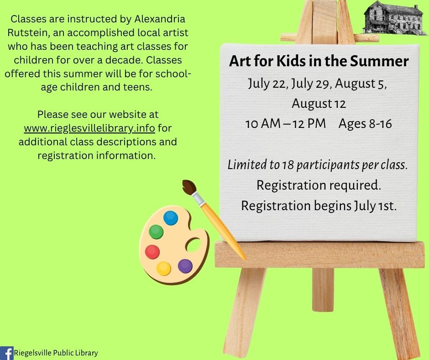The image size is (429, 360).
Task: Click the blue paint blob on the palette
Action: pyautogui.click(x=171, y=218)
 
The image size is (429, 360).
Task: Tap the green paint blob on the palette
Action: pyautogui.click(x=156, y=232)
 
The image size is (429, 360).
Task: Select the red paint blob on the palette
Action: pyautogui.click(x=152, y=252)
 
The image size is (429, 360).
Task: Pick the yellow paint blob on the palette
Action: pyautogui.click(x=163, y=269)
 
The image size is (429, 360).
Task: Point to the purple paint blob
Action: pyautogui.click(x=185, y=266)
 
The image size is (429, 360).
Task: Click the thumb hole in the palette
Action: pyautogui.click(x=194, y=245)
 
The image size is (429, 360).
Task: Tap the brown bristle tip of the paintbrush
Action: pyautogui.click(x=189, y=187)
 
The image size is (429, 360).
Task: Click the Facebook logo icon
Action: pyautogui.click(x=6, y=353)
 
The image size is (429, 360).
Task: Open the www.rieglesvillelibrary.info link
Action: pyautogui.click(x=89, y=128)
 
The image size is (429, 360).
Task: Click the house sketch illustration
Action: pyautogui.click(x=395, y=18)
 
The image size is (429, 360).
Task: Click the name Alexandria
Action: pyautogui.click(x=160, y=19)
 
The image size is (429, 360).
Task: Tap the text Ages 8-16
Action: pyautogui.click(x=365, y=123)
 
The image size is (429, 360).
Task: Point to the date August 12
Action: pyautogui.click(x=319, y=104)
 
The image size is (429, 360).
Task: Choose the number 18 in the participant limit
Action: pyautogui.click(x=288, y=165)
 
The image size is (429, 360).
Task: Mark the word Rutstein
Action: pyautogui.click(x=29, y=32)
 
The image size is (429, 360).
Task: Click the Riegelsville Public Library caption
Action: pyautogui.click(x=56, y=353)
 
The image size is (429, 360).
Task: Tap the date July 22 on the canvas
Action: pyautogui.click(x=267, y=84)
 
